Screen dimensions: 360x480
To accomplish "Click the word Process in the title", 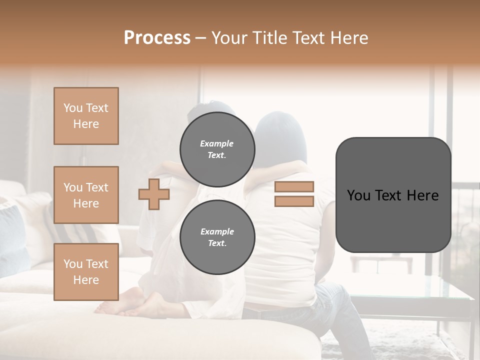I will coord(157,38).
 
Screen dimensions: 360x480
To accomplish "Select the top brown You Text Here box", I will coord(86,116).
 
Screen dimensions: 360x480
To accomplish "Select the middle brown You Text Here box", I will coord(86,195).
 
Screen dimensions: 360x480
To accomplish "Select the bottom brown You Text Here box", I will coord(86,272).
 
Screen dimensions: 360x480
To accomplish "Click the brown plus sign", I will coord(154,194).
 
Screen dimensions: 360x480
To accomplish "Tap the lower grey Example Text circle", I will coord(217,237).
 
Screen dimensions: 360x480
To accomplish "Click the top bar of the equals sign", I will coord(294,186).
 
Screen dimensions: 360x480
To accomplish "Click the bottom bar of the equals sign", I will coord(294,201).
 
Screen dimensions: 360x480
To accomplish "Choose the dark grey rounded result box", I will coord(393,195).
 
